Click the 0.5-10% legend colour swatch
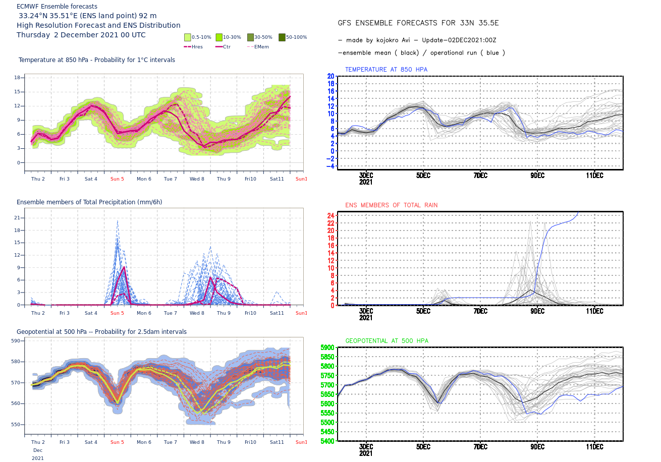pyautogui.click(x=188, y=37)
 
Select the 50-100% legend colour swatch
pyautogui.click(x=282, y=37)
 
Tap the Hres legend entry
pyautogui.click(x=193, y=46)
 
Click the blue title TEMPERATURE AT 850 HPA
pyautogui.click(x=387, y=69)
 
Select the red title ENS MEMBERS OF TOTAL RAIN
pyautogui.click(x=392, y=205)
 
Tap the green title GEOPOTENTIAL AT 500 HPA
pyautogui.click(x=387, y=341)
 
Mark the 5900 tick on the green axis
pyautogui.click(x=327, y=348)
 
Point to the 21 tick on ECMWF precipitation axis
pyautogui.click(x=17, y=218)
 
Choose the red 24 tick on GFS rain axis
pyautogui.click(x=331, y=215)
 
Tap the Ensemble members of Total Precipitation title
pyautogui.click(x=89, y=202)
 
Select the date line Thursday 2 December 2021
pyautogui.click(x=81, y=35)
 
